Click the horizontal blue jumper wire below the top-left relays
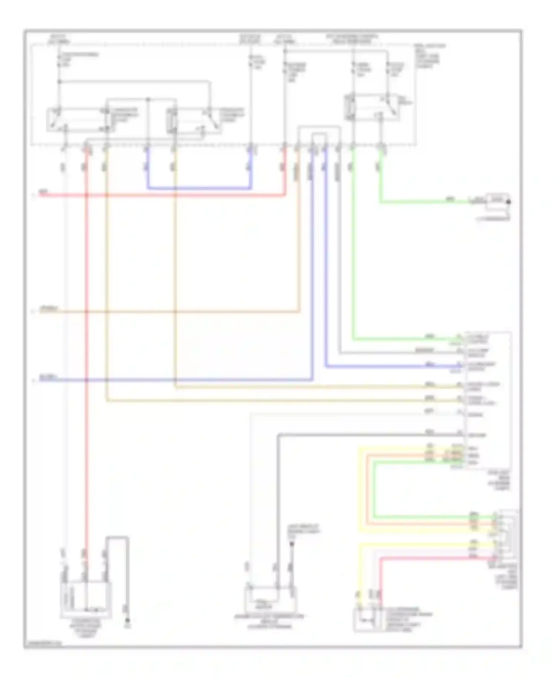coord(199,188)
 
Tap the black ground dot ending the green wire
coord(509,202)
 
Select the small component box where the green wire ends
coord(497,200)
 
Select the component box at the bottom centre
coord(270,600)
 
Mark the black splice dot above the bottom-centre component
coord(292,544)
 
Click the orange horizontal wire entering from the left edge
coord(167,312)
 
